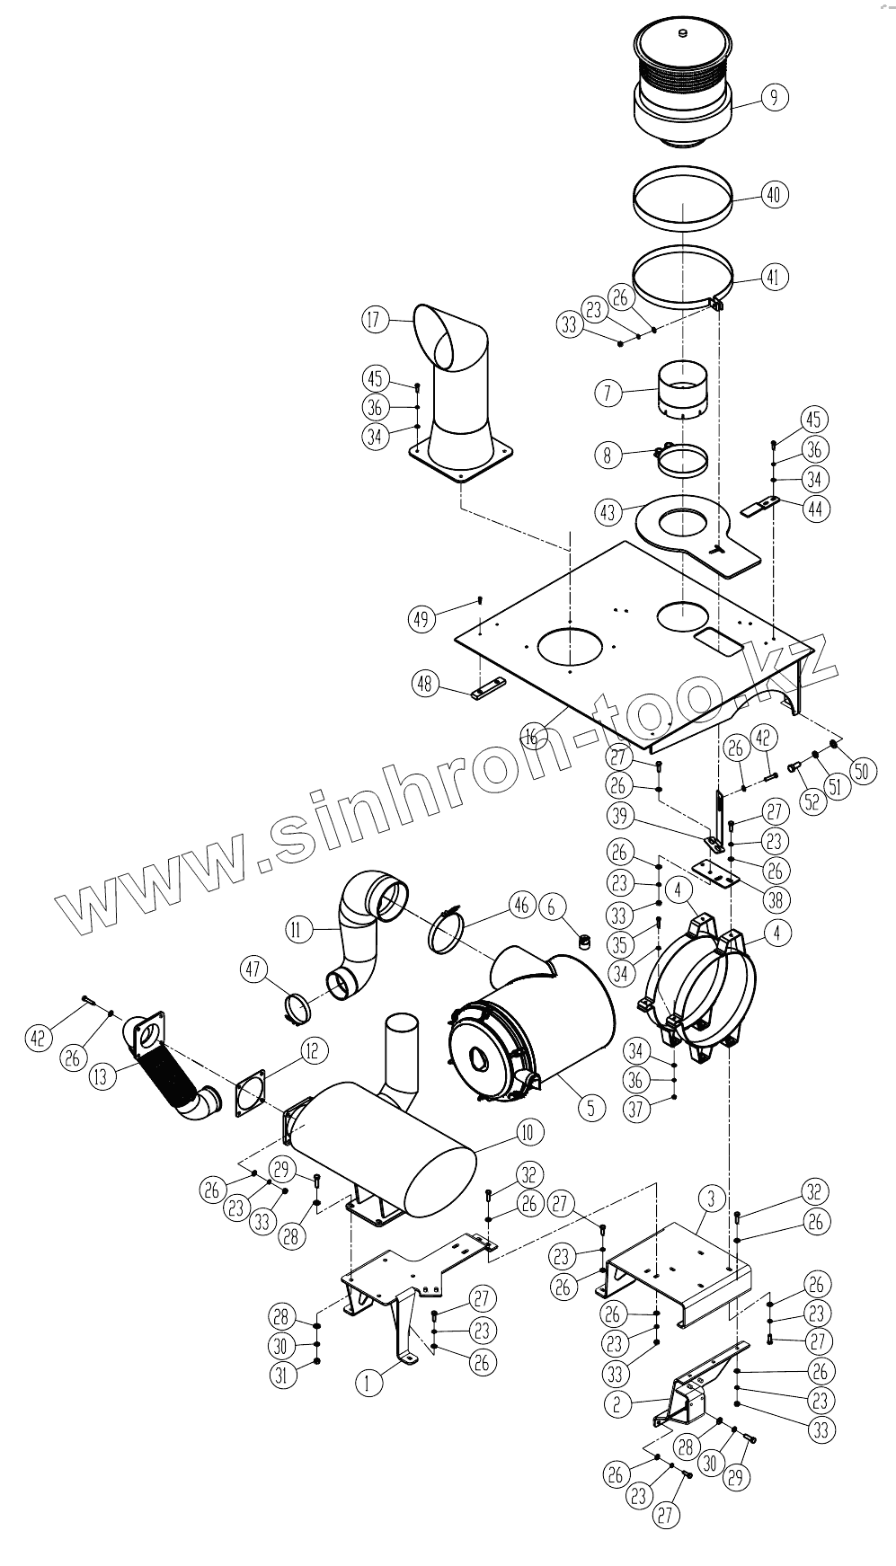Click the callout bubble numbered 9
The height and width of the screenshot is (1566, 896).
[775, 97]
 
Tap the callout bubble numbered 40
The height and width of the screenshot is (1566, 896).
[775, 194]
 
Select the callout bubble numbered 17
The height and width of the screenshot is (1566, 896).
[376, 318]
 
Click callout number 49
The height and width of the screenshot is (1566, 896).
[421, 618]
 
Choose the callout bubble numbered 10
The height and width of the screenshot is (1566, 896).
[530, 1132]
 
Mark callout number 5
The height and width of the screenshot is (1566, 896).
[590, 1107]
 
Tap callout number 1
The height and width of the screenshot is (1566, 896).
[368, 1383]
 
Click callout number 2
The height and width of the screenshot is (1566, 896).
[617, 1403]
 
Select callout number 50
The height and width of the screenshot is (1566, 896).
[864, 770]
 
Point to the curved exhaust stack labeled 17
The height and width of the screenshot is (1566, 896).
[458, 395]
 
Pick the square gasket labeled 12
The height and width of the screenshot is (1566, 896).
[250, 1093]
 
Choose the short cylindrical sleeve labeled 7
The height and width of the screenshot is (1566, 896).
[680, 392]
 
